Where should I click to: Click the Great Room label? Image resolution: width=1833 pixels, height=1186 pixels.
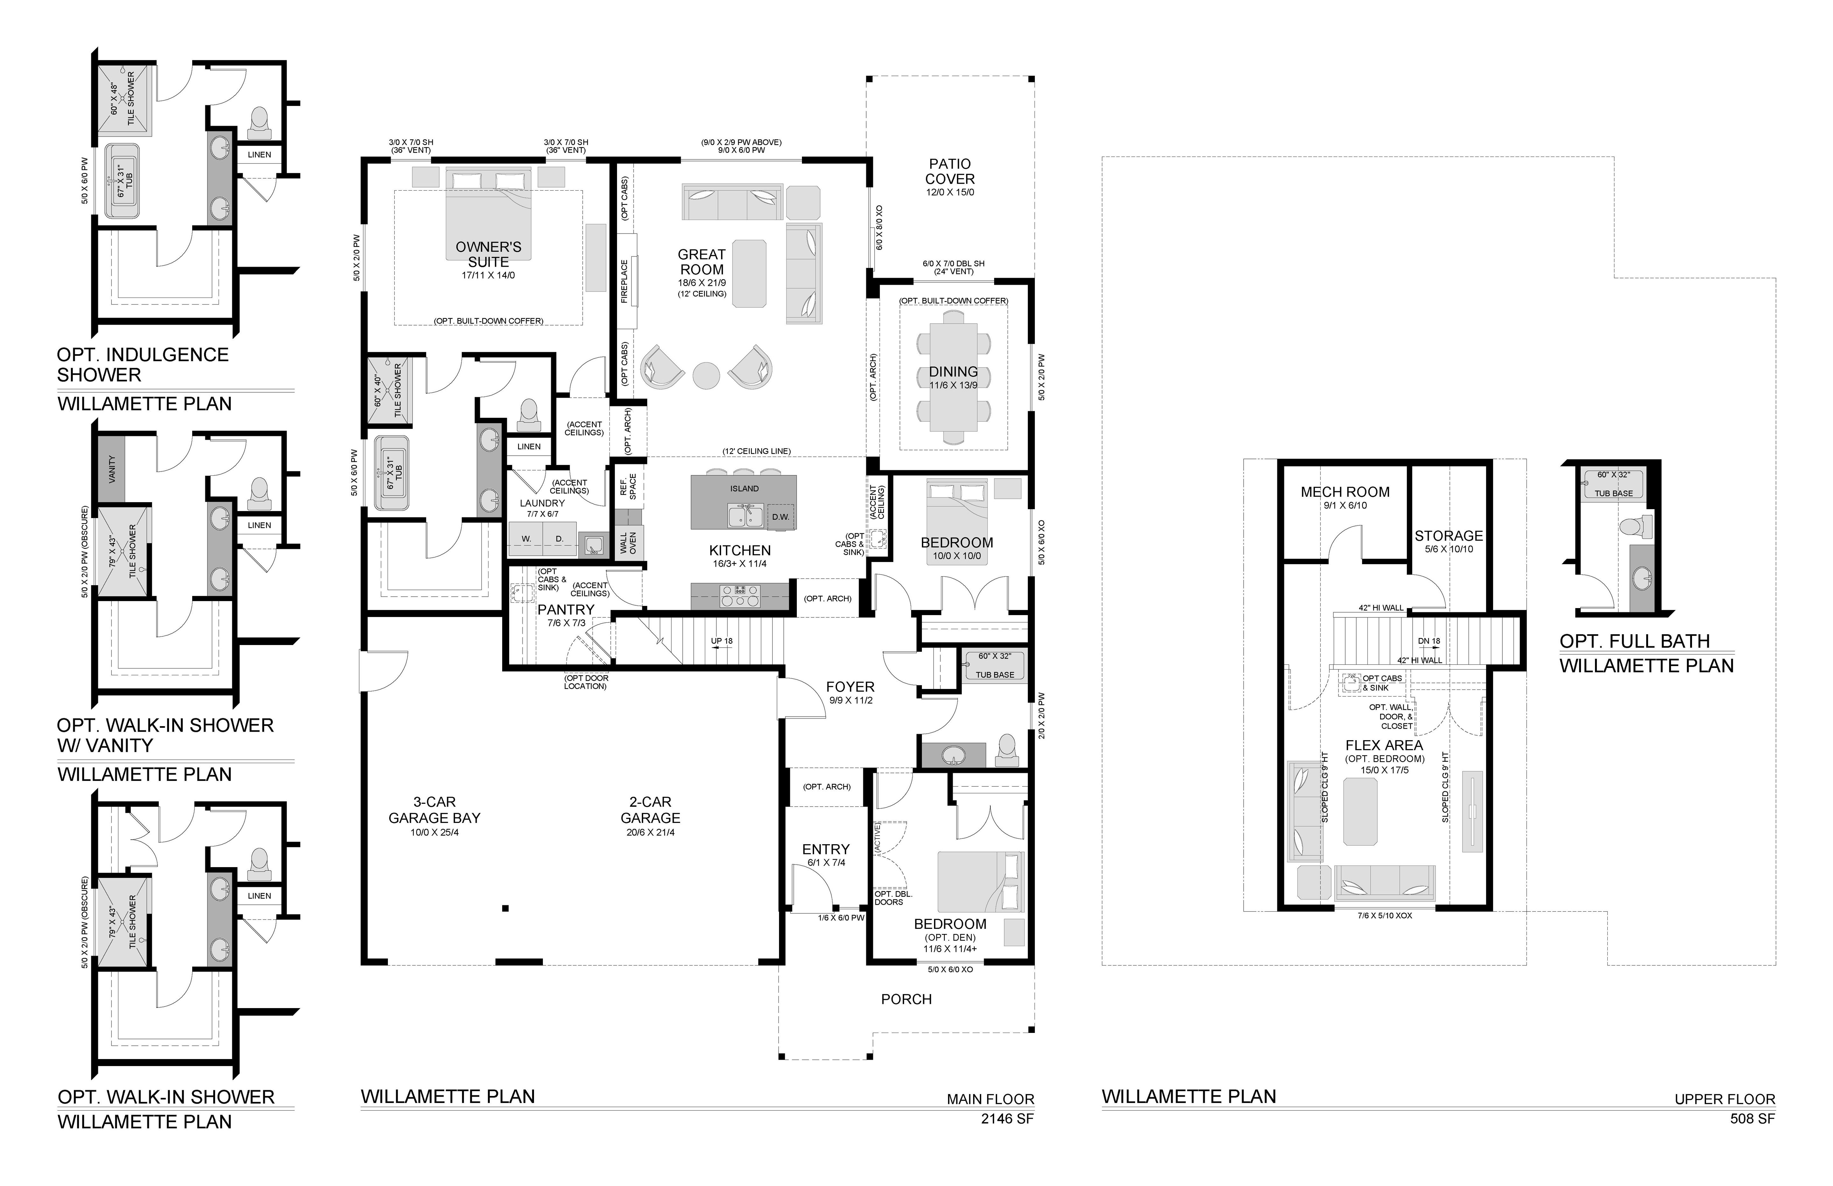(x=702, y=262)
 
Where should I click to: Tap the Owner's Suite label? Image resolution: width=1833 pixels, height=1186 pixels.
(x=488, y=254)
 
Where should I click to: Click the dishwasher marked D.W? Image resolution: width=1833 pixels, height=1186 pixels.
(x=780, y=517)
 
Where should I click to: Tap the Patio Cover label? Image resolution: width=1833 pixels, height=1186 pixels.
(x=950, y=171)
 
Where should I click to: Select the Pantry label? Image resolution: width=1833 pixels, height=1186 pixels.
(x=566, y=609)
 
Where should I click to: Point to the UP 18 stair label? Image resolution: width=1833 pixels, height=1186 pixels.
(x=722, y=641)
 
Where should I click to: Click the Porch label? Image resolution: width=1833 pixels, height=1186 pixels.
(x=907, y=999)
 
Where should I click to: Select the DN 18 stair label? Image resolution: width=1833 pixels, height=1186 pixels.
(x=1429, y=641)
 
